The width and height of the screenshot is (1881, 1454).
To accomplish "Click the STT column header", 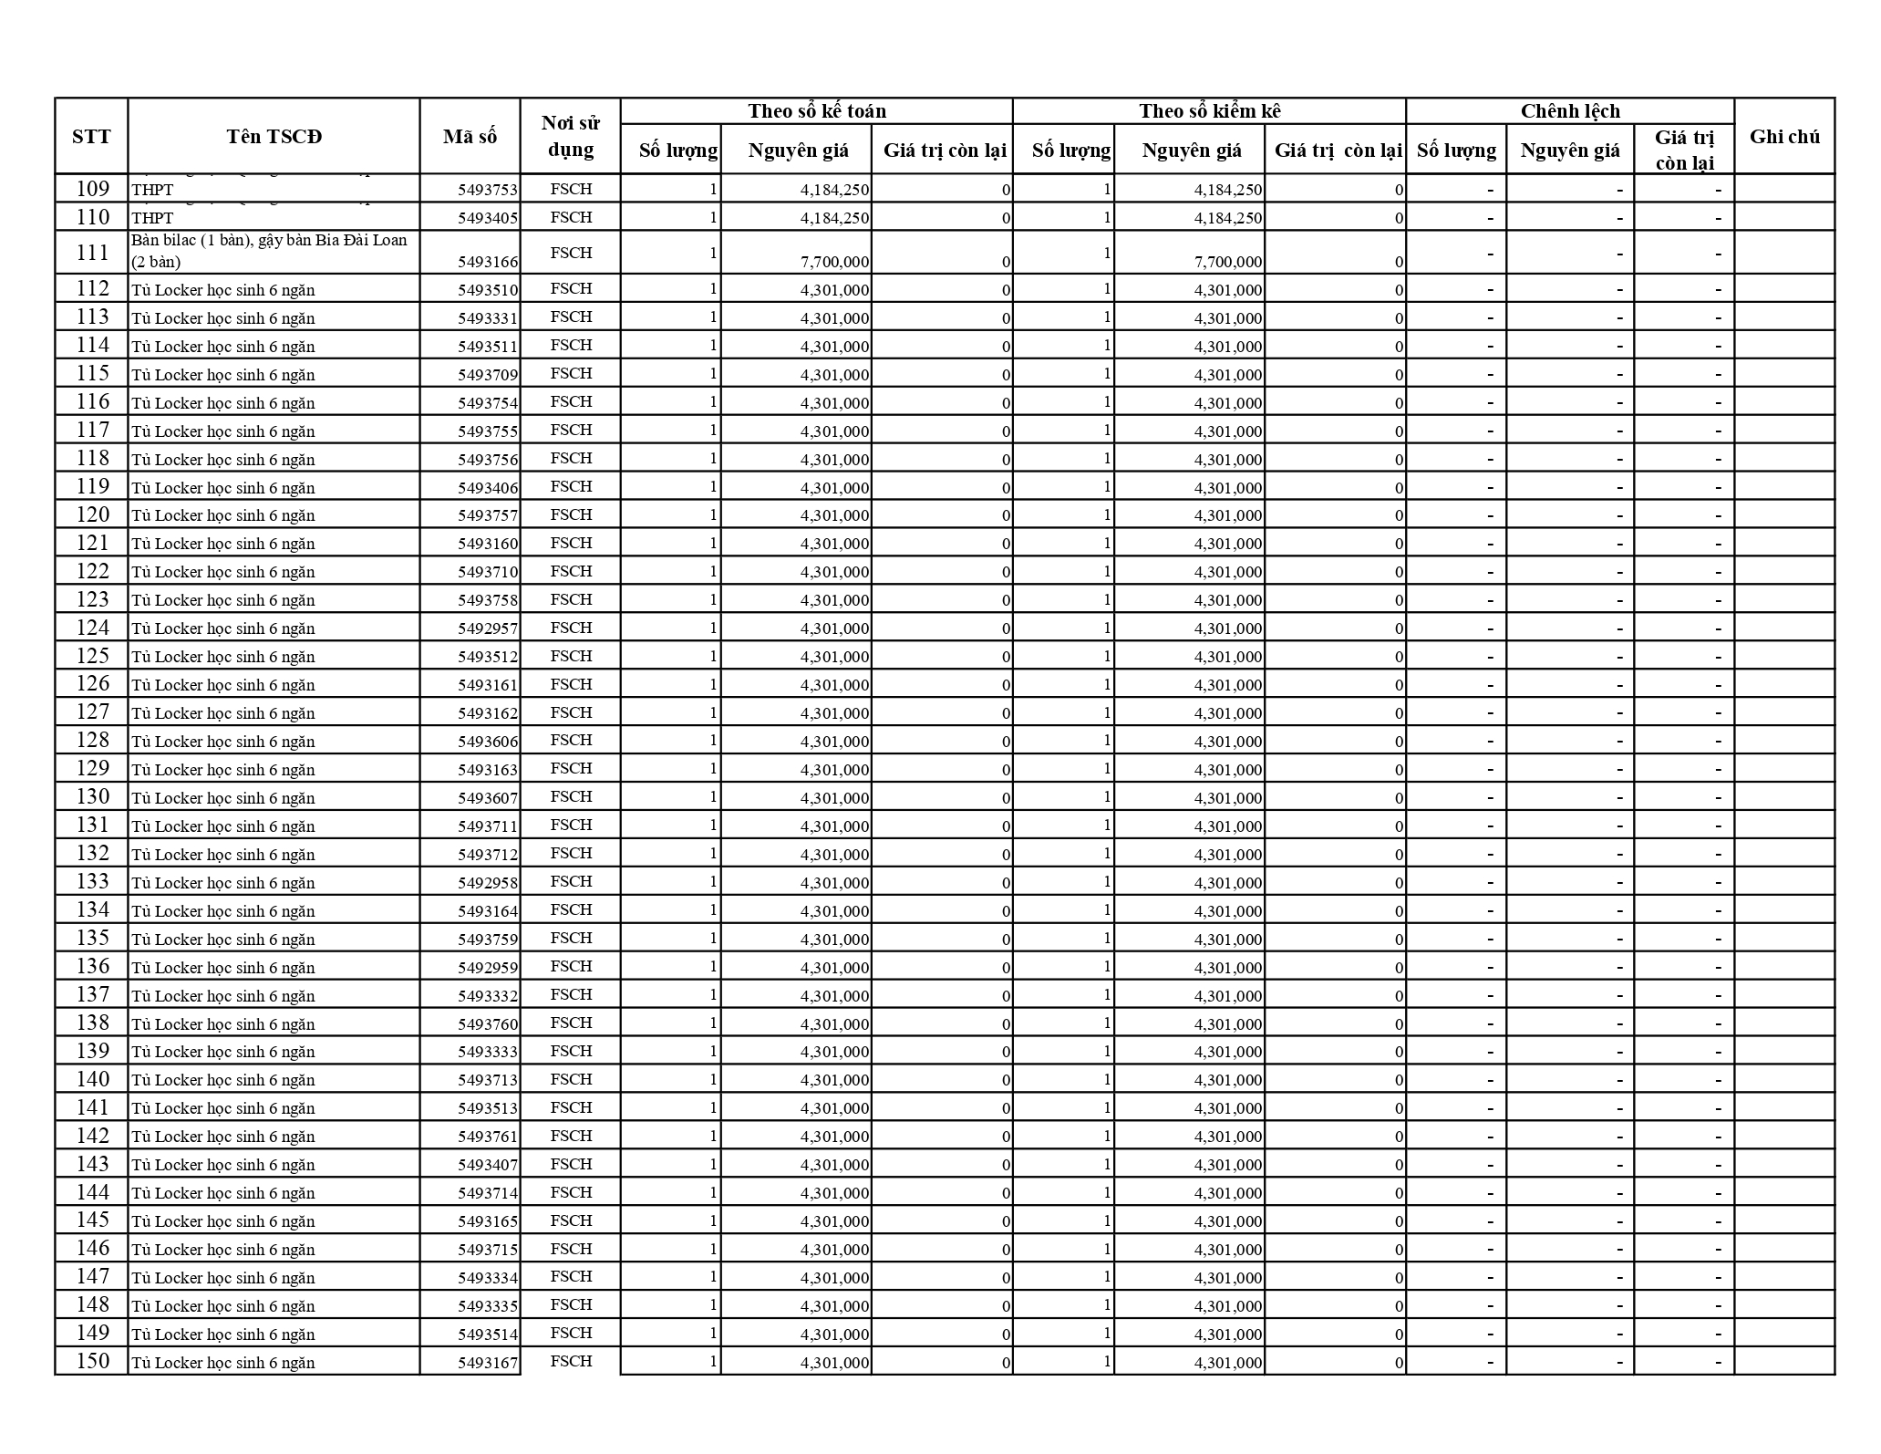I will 91,137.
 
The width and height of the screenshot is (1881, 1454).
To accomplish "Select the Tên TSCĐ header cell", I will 274,137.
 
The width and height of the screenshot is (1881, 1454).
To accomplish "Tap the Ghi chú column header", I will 1784,137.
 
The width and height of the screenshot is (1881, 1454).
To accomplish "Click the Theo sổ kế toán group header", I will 816,111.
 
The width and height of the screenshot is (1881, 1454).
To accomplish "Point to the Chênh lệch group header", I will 1569,111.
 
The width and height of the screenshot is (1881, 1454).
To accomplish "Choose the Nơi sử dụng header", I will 570,137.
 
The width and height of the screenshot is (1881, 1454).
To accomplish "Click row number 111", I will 92,253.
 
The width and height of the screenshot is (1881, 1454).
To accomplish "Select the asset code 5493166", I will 487,262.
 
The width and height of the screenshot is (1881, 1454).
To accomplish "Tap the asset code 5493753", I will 487,190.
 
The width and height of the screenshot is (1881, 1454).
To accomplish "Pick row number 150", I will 92,1361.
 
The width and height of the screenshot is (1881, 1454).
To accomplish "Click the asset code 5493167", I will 487,1363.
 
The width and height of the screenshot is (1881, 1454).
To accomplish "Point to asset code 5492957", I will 487,628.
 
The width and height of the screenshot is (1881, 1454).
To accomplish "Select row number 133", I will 92,881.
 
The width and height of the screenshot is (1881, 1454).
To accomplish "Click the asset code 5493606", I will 487,742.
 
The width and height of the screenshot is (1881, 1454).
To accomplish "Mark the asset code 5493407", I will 487,1165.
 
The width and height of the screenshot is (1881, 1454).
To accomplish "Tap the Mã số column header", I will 470,137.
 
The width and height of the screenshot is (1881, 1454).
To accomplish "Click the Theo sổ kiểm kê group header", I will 1209,111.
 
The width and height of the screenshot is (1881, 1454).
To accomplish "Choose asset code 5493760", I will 487,1023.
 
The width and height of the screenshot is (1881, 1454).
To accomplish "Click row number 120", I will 92,514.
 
